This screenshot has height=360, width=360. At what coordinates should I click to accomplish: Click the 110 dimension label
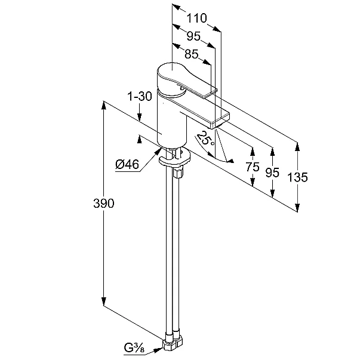coord(196,18)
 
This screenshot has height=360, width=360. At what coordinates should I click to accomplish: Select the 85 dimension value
coord(191,54)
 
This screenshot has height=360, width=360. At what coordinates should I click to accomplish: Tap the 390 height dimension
coord(103,204)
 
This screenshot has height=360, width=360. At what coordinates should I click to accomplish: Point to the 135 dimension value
coord(297,177)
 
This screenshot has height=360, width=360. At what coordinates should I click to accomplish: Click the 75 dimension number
coord(253,167)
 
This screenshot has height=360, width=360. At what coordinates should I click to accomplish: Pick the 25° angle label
coord(205,139)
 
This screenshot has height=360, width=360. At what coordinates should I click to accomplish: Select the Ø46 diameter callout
coord(127,164)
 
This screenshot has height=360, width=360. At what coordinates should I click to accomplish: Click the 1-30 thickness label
coord(140,96)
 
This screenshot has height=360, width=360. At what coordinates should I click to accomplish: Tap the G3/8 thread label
coord(134,348)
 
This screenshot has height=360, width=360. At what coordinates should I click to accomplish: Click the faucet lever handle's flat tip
coord(211,94)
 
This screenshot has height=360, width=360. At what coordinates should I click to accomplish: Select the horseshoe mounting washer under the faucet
coord(175,159)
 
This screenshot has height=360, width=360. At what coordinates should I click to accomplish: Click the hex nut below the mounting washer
coord(179,173)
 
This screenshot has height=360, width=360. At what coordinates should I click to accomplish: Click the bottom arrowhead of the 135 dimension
coord(297,208)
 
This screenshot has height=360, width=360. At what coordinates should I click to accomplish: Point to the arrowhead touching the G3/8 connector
coord(158,350)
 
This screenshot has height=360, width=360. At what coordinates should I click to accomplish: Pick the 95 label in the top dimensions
coord(193,36)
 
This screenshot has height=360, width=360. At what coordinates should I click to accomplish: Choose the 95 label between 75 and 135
coord(272,173)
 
